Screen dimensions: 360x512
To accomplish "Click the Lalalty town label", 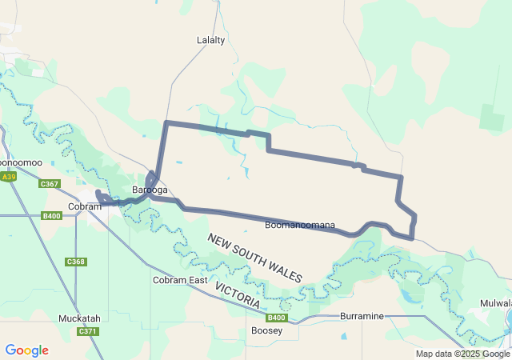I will [210, 39].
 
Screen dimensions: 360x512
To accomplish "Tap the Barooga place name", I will [150, 190].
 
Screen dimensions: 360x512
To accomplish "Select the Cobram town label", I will [85, 206].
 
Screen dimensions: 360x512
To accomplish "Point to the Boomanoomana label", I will [300, 226].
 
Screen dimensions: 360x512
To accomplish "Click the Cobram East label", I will [180, 280].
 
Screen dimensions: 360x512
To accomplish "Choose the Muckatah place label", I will [79, 318].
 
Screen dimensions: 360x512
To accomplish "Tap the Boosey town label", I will [266, 330].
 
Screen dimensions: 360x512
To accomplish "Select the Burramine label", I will [362, 316].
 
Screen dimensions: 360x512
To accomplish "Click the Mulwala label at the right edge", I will [496, 304].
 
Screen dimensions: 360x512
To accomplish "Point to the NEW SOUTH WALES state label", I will [255, 258].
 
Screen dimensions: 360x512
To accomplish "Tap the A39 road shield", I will [9, 177].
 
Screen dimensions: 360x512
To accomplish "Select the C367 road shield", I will [50, 184].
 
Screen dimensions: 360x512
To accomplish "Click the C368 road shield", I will [76, 262].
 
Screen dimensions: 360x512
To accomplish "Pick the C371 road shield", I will [87, 331].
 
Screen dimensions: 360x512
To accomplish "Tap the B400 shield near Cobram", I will [52, 215].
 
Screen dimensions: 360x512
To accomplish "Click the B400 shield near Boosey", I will [274, 318].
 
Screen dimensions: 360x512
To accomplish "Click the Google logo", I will [26, 350].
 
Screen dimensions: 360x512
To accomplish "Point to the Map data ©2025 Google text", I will [462, 354].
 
